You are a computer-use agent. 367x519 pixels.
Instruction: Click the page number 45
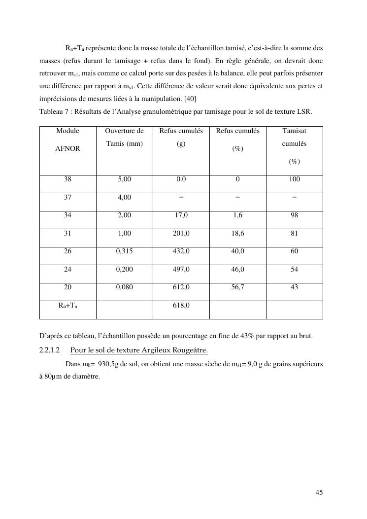(x=319, y=492)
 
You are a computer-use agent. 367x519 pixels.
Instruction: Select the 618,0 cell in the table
(x=181, y=306)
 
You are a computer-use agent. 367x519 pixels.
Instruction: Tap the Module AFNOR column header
(x=67, y=139)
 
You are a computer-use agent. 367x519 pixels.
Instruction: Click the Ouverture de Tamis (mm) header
(x=124, y=137)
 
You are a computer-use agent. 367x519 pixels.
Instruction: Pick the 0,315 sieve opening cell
(x=124, y=251)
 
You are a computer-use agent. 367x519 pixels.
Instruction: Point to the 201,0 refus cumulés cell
(x=181, y=233)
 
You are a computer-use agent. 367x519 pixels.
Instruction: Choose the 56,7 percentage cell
(x=237, y=287)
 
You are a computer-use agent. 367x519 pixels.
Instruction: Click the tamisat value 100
(x=294, y=179)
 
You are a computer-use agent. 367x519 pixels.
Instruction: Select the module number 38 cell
(x=67, y=179)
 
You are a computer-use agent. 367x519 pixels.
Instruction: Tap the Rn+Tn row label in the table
(x=67, y=306)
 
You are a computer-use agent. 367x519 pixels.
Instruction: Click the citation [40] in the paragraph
(x=190, y=98)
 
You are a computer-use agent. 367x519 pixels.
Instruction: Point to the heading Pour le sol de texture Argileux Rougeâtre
(x=139, y=350)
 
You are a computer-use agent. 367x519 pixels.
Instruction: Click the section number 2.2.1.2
(x=49, y=350)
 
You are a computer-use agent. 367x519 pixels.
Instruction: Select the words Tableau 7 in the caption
(x=54, y=111)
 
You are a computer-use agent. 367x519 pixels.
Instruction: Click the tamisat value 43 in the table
(x=294, y=287)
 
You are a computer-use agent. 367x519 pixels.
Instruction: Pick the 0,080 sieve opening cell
(x=124, y=287)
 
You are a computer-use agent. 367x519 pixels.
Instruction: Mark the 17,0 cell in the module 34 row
(x=181, y=215)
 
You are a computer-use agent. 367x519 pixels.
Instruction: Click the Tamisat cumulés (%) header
(x=294, y=145)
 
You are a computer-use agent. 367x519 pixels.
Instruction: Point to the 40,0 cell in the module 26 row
(x=237, y=251)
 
